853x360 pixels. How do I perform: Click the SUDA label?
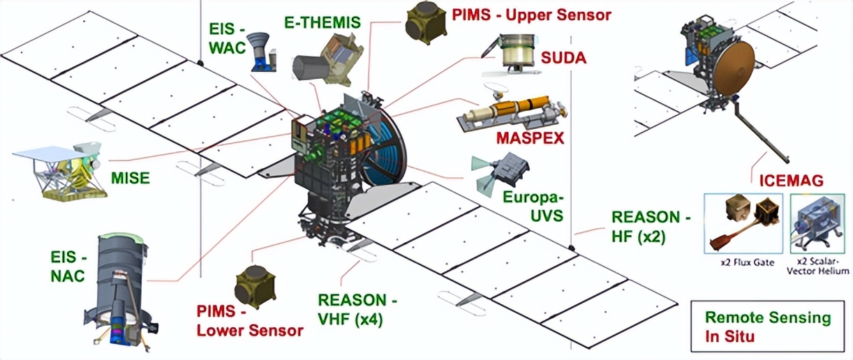coord(563,57)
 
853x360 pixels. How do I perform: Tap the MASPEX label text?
coord(530,137)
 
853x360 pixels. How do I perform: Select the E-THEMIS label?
coord(322,22)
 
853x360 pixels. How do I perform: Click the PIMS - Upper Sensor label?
coord(531,14)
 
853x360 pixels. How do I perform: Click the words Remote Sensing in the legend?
coord(768,318)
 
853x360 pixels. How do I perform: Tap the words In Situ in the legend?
coord(730,338)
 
